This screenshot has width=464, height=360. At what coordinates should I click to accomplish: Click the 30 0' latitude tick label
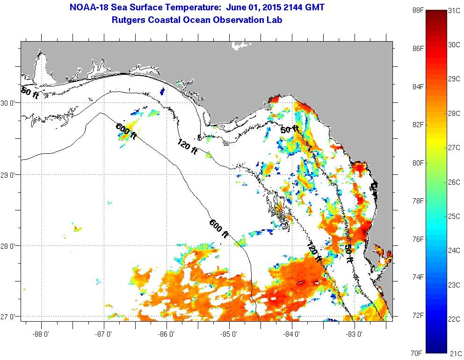point(9,103)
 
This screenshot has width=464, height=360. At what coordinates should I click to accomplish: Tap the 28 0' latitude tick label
point(9,246)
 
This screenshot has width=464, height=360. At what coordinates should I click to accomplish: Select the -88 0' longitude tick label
point(41,334)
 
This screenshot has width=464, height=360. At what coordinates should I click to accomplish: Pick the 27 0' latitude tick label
point(9,317)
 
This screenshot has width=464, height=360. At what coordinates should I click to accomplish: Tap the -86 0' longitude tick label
point(167,334)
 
